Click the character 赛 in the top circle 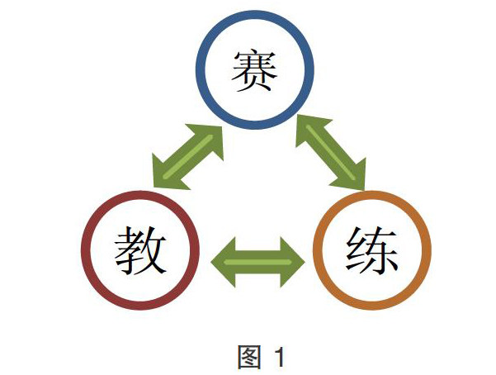click(x=254, y=72)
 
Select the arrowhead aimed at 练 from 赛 click(x=353, y=177)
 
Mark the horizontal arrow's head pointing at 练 click(x=295, y=263)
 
